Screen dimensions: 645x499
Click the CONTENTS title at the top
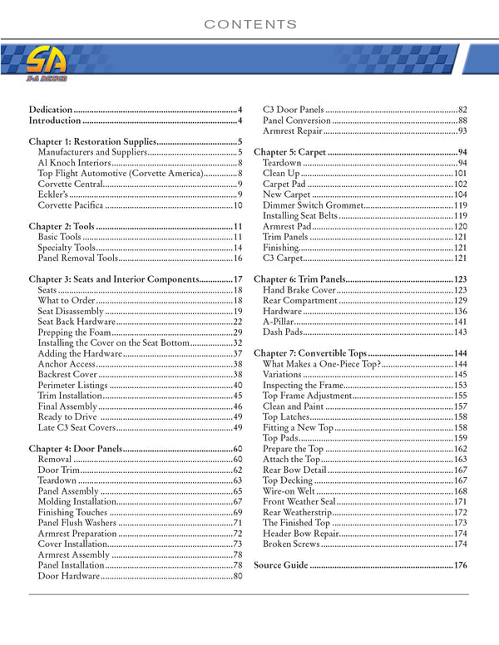tap(250, 24)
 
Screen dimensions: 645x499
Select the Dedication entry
tap(51, 110)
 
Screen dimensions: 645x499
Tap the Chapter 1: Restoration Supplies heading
tap(91, 141)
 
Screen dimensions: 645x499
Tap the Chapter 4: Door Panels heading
tap(75, 449)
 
